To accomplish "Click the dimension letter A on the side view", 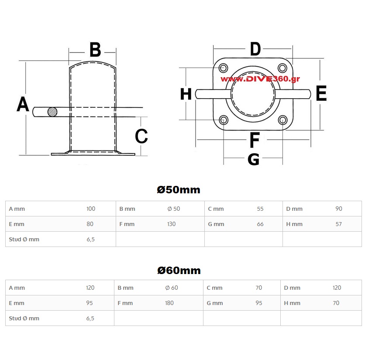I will coord(23,104).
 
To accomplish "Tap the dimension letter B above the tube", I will coord(95,50).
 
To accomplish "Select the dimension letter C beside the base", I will coord(141,136).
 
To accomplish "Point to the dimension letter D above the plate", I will coord(255,49).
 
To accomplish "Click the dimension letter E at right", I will coord(321,94).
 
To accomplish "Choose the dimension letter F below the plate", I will coord(255,141).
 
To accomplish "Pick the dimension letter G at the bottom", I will coord(253,160).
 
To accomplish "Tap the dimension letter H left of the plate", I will coord(186,94).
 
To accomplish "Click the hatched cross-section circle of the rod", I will coord(52,112).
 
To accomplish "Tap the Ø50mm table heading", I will coord(179,190).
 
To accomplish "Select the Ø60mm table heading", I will coord(179,271).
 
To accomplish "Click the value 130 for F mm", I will coord(171,224).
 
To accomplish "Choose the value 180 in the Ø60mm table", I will coord(169,303).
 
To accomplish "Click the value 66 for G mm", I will coord(260,224).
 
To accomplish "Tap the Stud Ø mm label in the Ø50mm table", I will coord(24,239).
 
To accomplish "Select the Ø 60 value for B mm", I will coord(172,288).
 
